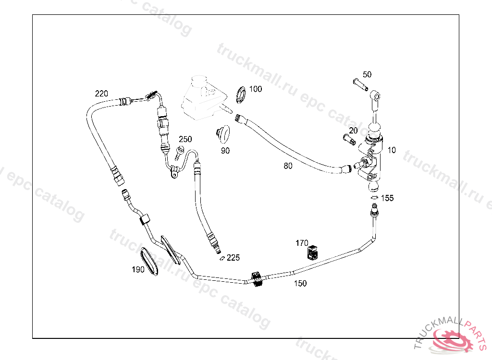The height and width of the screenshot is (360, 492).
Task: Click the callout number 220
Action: (101, 94)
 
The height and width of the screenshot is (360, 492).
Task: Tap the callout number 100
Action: (256, 89)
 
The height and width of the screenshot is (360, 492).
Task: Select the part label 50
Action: (367, 74)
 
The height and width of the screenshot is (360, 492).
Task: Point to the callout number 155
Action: (387, 198)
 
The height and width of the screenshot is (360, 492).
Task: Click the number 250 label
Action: (185, 139)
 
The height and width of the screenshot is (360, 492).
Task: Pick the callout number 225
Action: (233, 258)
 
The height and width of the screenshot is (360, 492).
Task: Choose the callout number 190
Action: (138, 270)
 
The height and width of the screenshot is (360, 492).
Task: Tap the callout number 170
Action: (302, 243)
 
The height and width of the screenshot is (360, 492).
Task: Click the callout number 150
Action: (300, 284)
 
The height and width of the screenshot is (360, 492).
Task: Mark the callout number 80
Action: (288, 166)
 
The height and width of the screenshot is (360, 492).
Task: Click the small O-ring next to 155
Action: (374, 197)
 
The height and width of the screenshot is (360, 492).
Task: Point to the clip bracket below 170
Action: (313, 252)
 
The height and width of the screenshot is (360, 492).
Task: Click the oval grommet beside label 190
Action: (150, 262)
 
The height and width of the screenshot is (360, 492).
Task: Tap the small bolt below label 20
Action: (349, 139)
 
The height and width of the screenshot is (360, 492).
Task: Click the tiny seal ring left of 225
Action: (221, 258)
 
